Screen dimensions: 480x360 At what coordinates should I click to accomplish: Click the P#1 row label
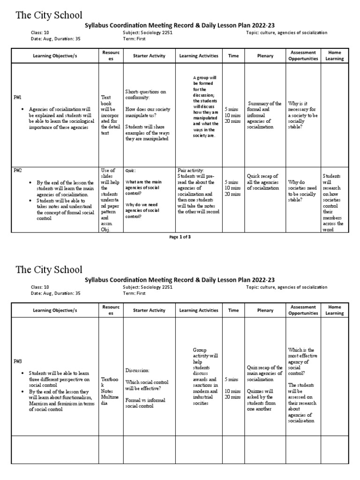(x=18, y=97)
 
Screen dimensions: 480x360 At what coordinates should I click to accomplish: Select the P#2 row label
(x=18, y=170)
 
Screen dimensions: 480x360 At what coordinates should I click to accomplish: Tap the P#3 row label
(x=18, y=362)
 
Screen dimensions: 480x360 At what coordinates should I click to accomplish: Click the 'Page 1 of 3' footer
(x=180, y=237)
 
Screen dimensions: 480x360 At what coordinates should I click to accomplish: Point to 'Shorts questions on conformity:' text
(x=145, y=94)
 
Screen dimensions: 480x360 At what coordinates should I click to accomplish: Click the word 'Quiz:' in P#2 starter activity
(x=130, y=171)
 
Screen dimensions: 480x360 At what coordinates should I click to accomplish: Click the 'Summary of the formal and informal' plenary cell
(x=264, y=115)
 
